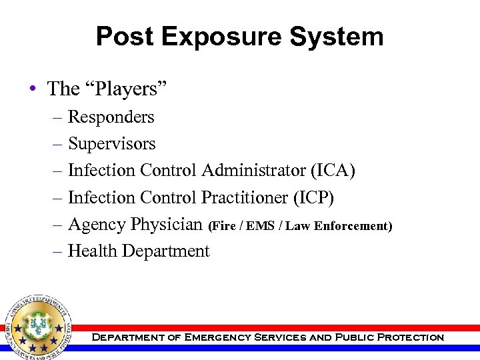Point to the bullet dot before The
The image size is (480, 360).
34,89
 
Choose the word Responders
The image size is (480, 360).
111,117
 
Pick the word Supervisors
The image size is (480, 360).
111,144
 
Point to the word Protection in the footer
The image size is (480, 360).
410,337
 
